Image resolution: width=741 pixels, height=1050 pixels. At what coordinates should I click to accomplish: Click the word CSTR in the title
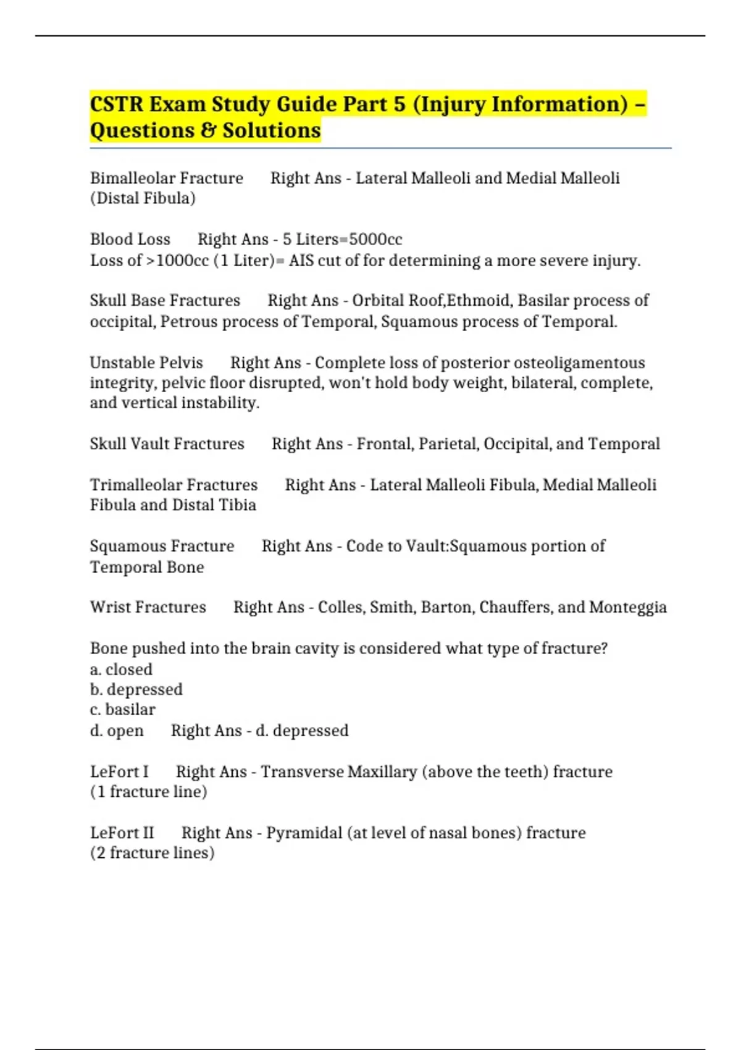point(117,104)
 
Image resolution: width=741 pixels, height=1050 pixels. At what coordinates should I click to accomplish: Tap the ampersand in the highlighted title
point(209,131)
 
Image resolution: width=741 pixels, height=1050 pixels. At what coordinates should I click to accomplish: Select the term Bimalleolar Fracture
point(167,178)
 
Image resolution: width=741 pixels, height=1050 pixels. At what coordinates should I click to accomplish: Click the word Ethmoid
point(479,301)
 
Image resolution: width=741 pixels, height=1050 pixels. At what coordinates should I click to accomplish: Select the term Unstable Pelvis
point(146,363)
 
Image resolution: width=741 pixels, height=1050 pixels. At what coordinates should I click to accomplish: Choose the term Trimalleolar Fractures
point(174,485)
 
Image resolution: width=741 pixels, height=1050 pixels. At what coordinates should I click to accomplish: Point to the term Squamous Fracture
point(162,546)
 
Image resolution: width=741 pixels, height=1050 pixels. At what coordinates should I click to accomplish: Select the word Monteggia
point(627,608)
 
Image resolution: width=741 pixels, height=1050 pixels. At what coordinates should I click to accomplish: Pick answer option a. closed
point(121,670)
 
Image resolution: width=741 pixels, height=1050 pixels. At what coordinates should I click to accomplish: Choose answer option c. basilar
point(122,710)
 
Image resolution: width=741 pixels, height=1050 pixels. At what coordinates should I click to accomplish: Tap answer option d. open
point(117,731)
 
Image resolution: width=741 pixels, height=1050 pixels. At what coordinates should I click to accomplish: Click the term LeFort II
point(122,833)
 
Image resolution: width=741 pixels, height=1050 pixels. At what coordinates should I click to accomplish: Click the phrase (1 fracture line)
point(148,792)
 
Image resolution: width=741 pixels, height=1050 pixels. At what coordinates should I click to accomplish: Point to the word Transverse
point(302,772)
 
